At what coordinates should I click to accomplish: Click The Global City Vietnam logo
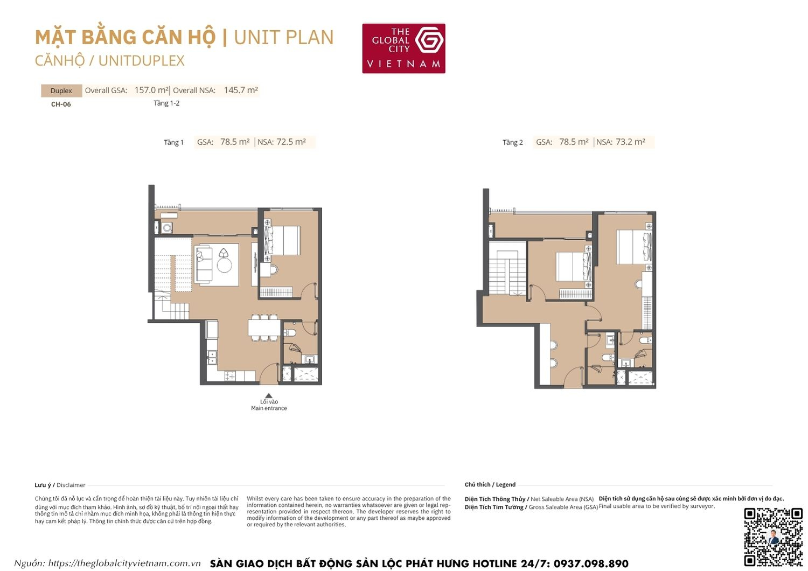coord(403,48)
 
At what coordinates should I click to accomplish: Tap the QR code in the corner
coord(773,537)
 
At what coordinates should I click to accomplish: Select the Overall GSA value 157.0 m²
coord(151,90)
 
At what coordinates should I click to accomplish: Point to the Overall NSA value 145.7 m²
coord(241,90)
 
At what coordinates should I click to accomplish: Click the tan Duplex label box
coord(61,90)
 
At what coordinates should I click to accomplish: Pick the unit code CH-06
coord(61,105)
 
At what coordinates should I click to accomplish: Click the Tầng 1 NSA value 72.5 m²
coord(291,142)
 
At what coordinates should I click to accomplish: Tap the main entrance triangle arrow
coord(269,395)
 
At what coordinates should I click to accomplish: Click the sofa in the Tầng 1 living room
coord(203,264)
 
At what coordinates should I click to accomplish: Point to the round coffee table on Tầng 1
coord(224,266)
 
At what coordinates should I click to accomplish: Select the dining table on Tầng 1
coord(264,328)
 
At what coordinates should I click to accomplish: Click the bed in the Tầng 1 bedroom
coord(284,240)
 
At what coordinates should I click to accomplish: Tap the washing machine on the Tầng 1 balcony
coord(167,228)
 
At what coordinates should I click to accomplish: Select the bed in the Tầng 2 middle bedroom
coord(573,267)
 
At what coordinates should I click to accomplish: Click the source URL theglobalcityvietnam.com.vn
coord(124,563)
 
